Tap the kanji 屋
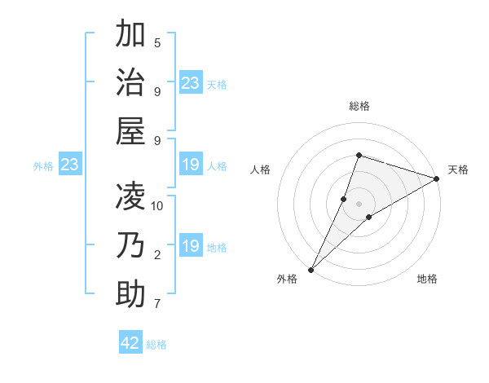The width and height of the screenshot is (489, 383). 130,131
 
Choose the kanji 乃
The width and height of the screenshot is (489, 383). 130,245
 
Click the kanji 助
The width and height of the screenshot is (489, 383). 130,294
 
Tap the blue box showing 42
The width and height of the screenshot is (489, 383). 130,343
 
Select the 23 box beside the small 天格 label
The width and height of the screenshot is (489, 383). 190,83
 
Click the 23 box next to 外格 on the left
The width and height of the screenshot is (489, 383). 69,165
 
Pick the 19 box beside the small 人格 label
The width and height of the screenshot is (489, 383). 190,165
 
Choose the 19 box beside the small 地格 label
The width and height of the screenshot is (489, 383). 190,246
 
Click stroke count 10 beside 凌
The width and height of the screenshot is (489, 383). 158,206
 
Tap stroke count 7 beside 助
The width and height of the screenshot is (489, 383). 157,305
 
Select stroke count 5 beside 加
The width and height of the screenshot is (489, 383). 157,42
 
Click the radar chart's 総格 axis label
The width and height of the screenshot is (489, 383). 359,106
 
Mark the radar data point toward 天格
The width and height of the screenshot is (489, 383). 437,178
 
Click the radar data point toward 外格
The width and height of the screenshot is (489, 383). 311,269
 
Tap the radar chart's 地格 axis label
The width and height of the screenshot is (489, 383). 427,279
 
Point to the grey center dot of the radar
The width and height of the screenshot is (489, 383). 359,203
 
